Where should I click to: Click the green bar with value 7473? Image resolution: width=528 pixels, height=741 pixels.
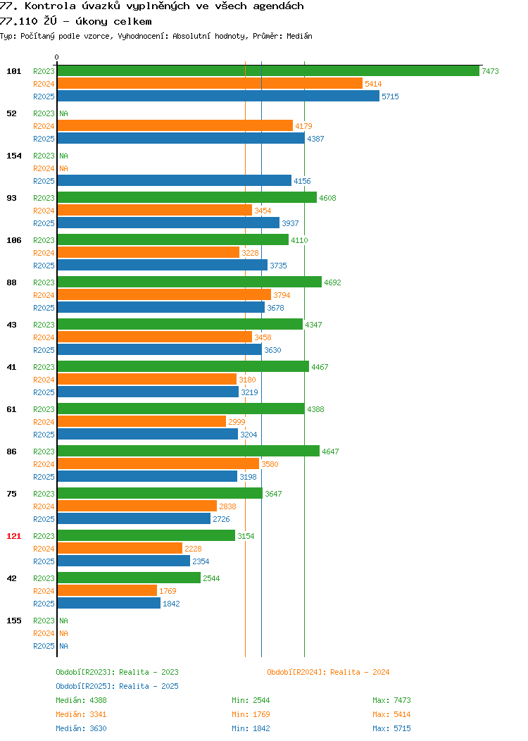point(268,71)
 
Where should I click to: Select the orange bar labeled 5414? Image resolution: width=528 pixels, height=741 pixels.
point(210,84)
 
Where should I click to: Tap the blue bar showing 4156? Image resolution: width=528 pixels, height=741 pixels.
point(175,180)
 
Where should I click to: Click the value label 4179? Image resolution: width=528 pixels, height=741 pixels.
point(303,126)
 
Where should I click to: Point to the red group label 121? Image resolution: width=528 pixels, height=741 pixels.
point(13,536)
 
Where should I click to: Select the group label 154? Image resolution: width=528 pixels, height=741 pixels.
point(13,156)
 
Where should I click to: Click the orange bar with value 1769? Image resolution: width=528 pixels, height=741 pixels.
point(107,591)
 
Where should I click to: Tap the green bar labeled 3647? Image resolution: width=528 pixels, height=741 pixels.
point(160,493)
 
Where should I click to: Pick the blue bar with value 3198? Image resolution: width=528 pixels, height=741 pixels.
point(147,477)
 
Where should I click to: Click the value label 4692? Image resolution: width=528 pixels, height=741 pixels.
point(332,282)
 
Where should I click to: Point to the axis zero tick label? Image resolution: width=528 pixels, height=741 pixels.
point(57,57)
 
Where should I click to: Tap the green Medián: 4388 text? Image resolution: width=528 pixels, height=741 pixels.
point(81,700)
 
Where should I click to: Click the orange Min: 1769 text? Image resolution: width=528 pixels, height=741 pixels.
point(251,714)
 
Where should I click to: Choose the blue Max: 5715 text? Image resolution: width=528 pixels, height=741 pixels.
point(391,729)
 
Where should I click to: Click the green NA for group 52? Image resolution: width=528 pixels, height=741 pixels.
point(64,113)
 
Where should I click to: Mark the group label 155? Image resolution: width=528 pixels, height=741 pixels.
point(13,621)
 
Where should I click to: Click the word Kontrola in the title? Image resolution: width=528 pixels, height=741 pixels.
point(50,6)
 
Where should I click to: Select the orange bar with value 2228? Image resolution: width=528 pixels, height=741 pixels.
point(120,548)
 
